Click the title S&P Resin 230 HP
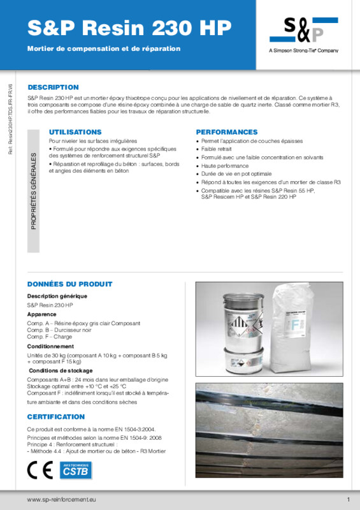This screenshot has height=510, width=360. click(x=129, y=27)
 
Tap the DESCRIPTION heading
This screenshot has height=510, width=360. click(x=53, y=87)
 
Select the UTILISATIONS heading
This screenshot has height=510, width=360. click(x=75, y=131)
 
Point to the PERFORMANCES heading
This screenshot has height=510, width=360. click(x=226, y=131)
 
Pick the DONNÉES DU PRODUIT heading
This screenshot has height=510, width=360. click(x=70, y=284)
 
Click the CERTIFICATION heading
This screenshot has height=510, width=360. click(x=56, y=417)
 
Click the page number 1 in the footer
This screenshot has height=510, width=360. click(x=349, y=499)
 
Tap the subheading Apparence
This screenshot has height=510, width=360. click(x=41, y=314)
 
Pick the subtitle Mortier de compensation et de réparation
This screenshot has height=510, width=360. click(x=104, y=48)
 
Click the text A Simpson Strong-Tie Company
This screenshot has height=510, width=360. click(x=303, y=50)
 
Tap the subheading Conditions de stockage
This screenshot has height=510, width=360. click(x=61, y=370)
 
